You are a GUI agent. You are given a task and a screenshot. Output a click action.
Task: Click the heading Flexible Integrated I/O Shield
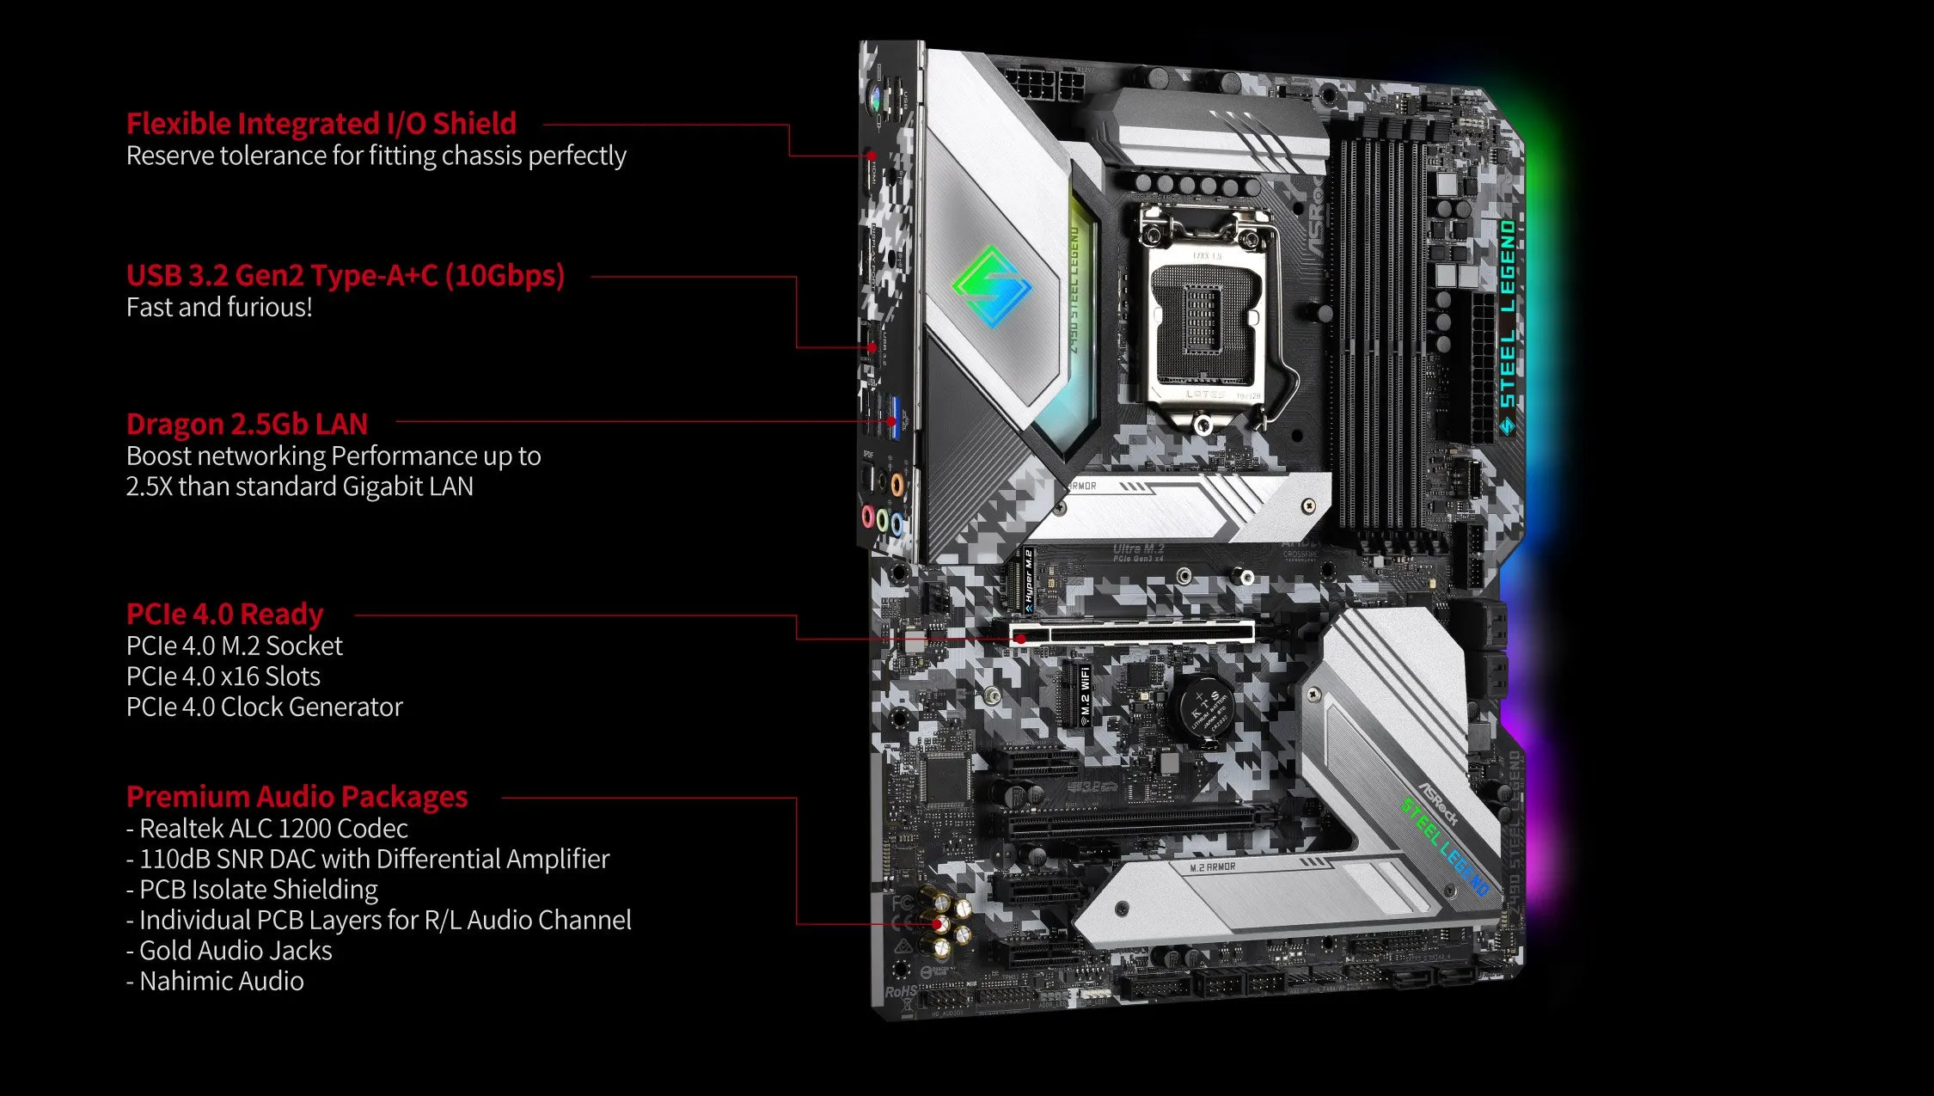point(321,124)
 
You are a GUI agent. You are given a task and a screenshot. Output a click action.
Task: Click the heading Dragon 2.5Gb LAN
point(247,424)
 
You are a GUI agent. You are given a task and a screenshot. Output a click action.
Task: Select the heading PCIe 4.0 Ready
point(224,614)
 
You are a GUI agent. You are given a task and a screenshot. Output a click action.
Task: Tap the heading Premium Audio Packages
point(297,797)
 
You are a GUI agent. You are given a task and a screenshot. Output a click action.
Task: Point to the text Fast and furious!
point(219,307)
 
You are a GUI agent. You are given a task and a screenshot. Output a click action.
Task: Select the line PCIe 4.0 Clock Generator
point(264,707)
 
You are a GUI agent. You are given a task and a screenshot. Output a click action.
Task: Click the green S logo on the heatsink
point(992,286)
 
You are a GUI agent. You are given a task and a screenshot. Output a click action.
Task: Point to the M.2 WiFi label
point(1085,695)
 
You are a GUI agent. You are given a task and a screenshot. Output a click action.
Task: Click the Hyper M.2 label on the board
point(1028,579)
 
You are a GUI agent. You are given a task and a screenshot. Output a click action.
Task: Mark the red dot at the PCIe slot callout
point(1021,639)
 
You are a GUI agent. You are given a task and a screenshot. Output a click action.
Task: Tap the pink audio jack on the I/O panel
point(868,516)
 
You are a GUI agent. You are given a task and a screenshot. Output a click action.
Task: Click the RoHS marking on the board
point(901,991)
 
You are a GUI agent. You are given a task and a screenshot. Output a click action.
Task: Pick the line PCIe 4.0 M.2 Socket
point(234,646)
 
